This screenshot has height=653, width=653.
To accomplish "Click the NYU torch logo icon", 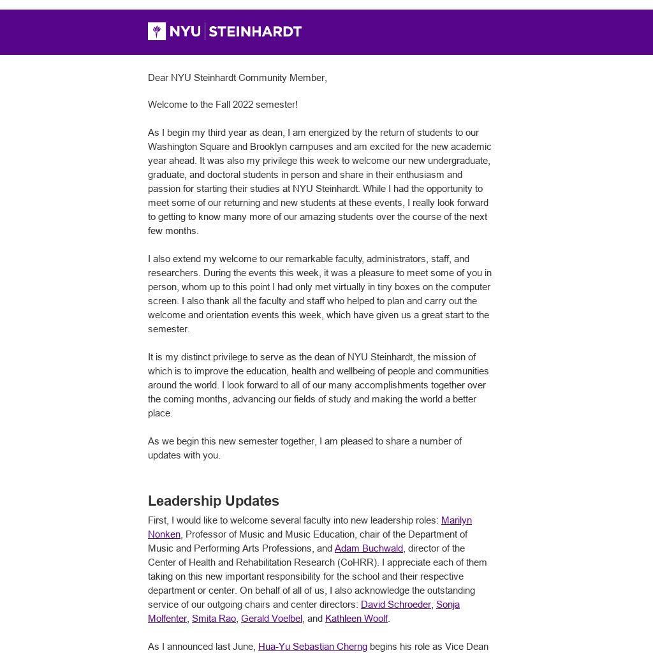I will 157,31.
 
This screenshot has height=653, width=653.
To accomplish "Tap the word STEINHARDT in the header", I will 255,31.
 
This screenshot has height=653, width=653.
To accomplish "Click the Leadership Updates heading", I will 213,501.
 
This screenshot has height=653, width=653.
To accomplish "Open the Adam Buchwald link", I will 369,548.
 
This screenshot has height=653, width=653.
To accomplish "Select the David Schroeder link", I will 395,605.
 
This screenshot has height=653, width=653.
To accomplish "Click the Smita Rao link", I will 214,619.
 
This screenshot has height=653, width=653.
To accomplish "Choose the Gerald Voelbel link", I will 271,619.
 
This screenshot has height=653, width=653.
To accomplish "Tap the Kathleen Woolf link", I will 356,619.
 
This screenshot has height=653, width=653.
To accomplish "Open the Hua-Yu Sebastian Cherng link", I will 312,647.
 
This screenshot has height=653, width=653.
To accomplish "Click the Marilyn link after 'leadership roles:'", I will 457,520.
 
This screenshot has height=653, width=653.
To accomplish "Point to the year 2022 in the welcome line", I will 243,105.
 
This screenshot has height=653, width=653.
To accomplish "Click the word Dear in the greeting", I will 158,78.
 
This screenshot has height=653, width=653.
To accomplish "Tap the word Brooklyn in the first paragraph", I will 268,147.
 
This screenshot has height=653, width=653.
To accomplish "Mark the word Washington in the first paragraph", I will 173,147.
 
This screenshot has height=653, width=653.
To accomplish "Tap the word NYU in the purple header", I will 186,31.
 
